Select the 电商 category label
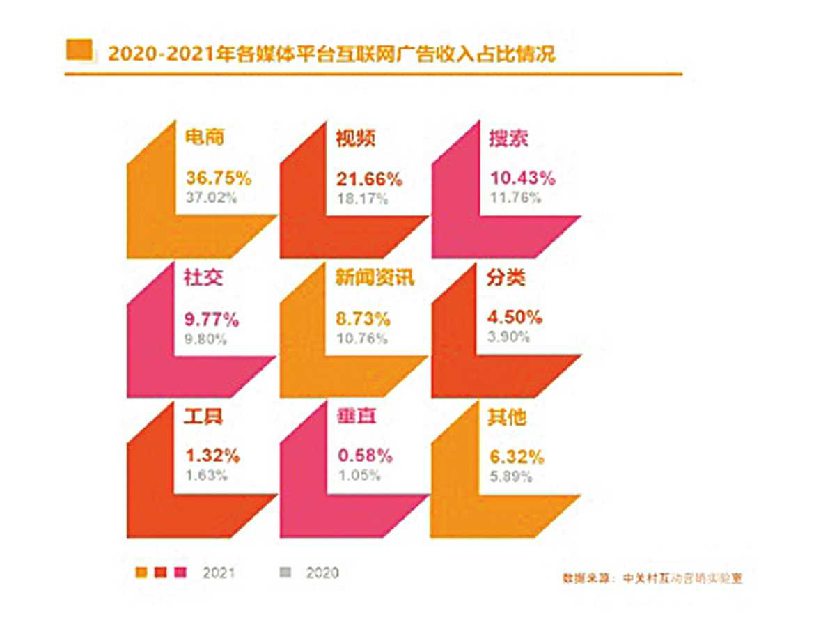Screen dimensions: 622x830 (x=205, y=137)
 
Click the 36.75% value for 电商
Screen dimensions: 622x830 (x=218, y=178)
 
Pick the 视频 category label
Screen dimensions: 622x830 (x=356, y=138)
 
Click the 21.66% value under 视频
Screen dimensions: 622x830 (x=369, y=178)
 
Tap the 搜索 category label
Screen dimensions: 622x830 (x=508, y=138)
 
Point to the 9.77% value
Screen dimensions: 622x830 (x=212, y=320)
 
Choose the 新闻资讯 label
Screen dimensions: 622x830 (x=375, y=279)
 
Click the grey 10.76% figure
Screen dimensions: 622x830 (x=363, y=339)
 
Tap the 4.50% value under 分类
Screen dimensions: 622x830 (x=514, y=318)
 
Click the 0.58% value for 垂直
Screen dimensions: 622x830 (x=364, y=457)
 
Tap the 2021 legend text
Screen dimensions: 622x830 (x=219, y=573)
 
